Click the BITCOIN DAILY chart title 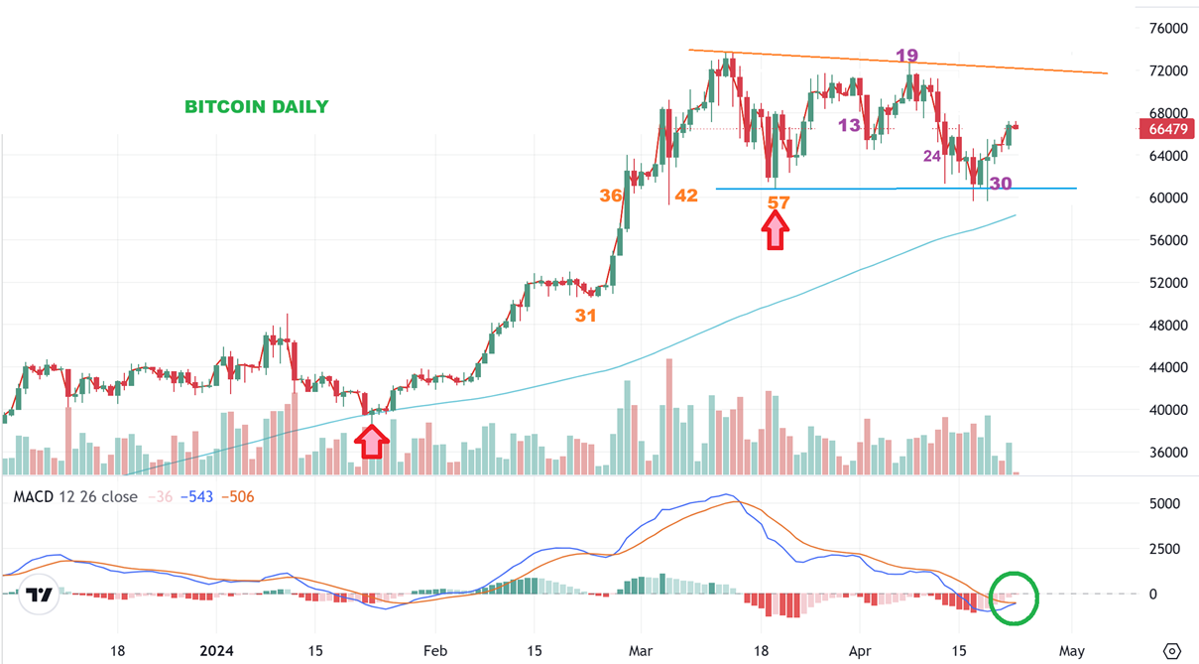coord(257,106)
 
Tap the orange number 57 coord(779,202)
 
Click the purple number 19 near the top coord(906,56)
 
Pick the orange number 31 coord(585,315)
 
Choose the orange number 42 coord(686,196)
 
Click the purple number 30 coord(1001,184)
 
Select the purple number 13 coord(849,125)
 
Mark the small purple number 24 coord(932,156)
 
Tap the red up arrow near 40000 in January coord(371,441)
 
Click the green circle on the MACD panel coord(1014,598)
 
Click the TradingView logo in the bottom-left coord(40,596)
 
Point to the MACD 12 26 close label coord(75,496)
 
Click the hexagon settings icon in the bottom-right coord(1171,651)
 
